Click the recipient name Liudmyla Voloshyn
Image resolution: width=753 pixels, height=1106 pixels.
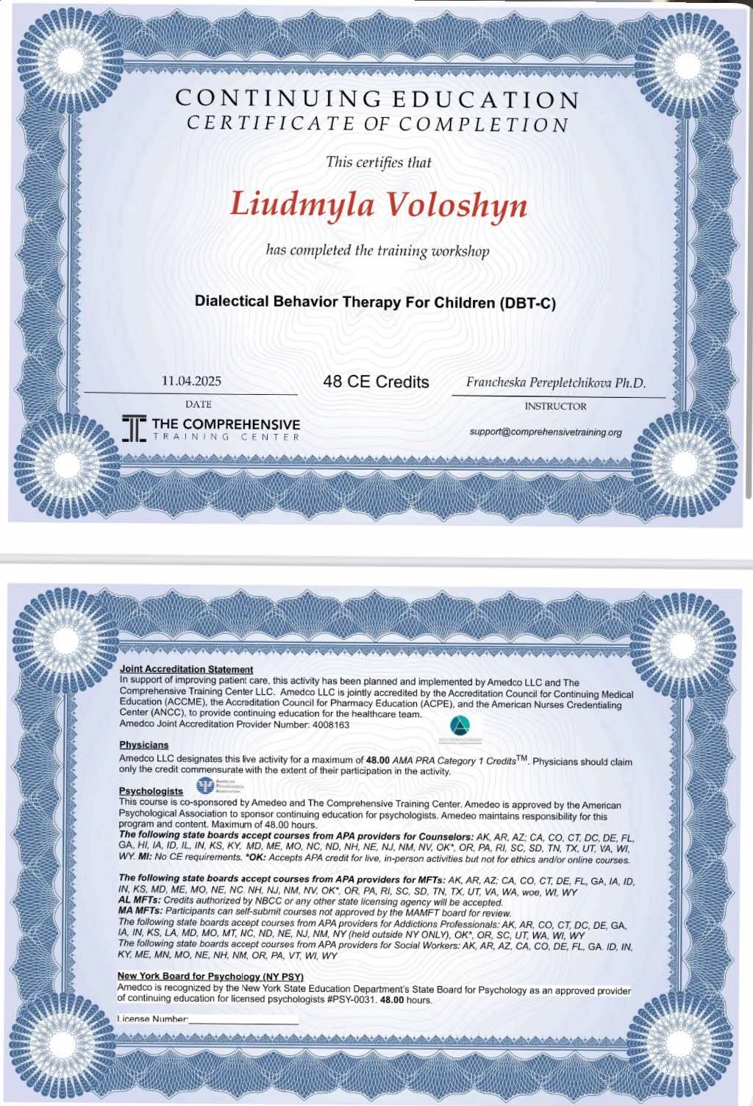coord(379,204)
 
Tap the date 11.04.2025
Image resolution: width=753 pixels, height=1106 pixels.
coord(191,381)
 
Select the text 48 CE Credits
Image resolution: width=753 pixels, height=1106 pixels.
coord(376,382)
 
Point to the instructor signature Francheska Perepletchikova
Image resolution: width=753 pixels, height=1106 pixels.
coord(555,382)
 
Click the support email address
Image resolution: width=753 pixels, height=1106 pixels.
coord(546,432)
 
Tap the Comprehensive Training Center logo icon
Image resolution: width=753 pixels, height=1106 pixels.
coord(134,428)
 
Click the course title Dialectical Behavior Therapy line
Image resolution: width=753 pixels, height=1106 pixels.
coord(375,302)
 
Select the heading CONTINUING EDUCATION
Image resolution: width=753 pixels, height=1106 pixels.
coord(377,99)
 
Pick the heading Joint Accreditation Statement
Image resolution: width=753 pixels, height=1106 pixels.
coord(186,669)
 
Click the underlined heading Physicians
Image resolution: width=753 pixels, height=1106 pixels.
coord(143,745)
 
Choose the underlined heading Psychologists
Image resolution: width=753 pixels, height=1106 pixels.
coord(151,791)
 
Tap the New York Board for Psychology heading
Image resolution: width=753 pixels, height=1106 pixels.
coord(210,976)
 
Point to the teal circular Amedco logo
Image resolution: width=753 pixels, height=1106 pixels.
coord(460,727)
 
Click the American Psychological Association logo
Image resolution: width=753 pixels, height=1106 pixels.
coord(205,786)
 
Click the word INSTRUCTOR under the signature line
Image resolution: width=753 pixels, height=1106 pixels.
coord(555,406)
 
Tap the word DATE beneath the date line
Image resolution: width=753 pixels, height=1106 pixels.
coord(198,404)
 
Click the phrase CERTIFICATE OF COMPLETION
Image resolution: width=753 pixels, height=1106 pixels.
coord(377,124)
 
